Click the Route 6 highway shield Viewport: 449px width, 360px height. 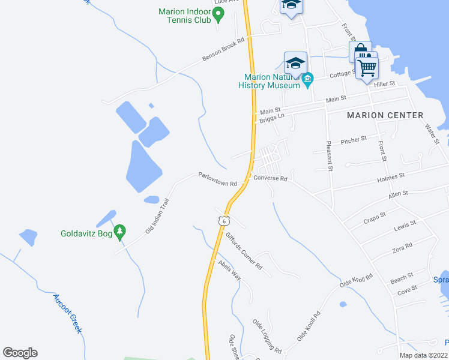click(223, 221)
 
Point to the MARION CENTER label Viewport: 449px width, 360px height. click(384, 115)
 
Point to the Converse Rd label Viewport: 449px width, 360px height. click(271, 178)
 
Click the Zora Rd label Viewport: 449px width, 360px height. click(402, 246)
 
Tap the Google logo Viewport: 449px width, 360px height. click(20, 353)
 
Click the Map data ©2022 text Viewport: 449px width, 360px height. click(423, 355)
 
